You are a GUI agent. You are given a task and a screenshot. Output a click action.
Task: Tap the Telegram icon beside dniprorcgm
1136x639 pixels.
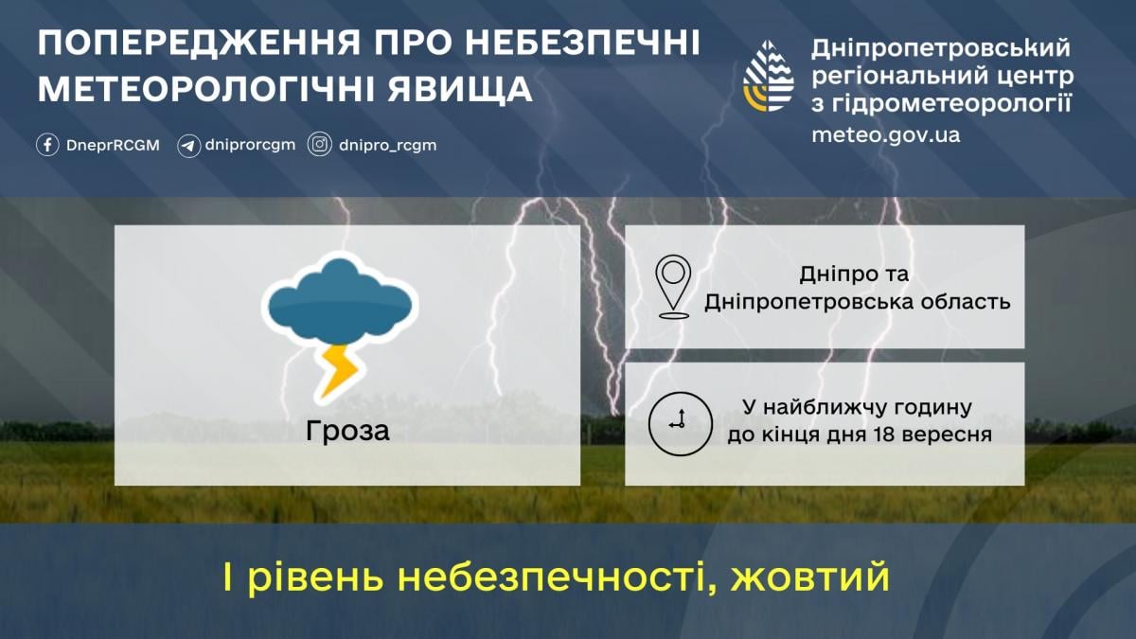[189, 146]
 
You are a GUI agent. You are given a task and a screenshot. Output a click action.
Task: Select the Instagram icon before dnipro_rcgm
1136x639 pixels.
[321, 145]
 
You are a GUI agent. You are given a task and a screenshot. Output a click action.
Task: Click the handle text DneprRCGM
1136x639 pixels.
[113, 146]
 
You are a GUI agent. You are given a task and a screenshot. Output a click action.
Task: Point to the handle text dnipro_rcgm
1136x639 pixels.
[387, 146]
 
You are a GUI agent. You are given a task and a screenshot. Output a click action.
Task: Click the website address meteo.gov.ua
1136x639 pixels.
[885, 134]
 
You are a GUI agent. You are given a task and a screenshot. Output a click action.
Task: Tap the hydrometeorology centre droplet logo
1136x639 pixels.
[769, 76]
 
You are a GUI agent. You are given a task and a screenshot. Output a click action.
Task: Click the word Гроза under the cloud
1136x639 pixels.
[347, 430]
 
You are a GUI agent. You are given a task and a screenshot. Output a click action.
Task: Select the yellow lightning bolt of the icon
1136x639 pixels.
[337, 370]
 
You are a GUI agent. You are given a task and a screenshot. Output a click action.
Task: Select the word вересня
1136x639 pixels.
[953, 435]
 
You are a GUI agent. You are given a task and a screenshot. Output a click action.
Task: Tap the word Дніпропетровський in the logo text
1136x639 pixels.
[940, 47]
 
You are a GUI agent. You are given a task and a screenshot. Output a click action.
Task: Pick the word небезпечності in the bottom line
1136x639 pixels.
[548, 577]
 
